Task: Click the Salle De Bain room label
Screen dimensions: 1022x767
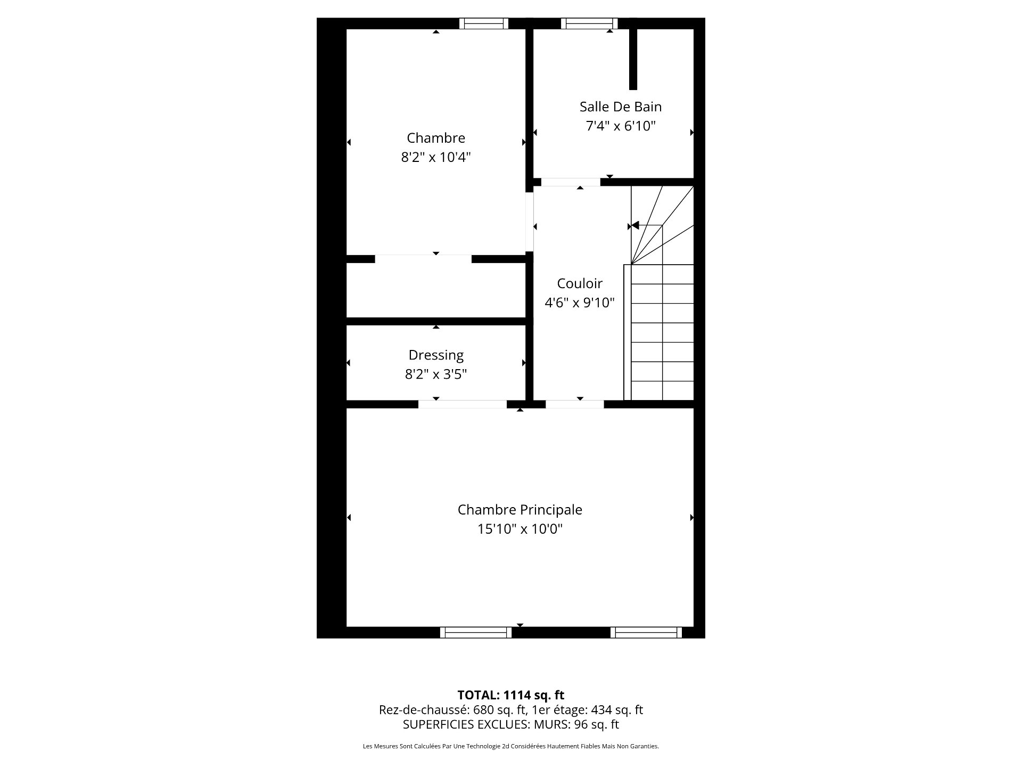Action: pos(621,107)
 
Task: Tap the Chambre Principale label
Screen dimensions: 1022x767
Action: pos(520,510)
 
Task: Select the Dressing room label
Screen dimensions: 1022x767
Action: pos(436,355)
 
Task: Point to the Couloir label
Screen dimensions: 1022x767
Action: pos(580,283)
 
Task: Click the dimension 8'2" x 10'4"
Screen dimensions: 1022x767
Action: pos(436,157)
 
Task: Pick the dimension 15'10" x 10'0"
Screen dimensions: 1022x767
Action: pos(520,529)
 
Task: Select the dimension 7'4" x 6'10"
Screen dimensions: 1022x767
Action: pos(621,126)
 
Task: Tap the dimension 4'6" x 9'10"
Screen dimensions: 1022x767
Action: pos(580,303)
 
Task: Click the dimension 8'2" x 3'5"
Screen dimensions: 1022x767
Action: pos(436,374)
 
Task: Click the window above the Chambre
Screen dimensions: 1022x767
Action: pos(484,23)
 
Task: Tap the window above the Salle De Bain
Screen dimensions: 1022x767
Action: pos(589,23)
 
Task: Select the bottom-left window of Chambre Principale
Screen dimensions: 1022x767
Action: pos(476,632)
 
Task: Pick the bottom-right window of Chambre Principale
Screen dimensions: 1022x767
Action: pos(646,632)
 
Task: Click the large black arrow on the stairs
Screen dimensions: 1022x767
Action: pos(634,226)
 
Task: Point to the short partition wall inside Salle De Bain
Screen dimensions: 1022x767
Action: pos(633,59)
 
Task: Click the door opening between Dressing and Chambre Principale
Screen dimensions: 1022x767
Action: pos(463,404)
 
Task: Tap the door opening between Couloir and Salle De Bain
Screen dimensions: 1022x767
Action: pos(571,182)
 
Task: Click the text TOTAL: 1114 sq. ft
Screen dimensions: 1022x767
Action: pos(511,695)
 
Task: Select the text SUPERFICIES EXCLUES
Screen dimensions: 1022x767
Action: pos(466,724)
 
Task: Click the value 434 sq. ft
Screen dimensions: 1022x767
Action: pos(617,710)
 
